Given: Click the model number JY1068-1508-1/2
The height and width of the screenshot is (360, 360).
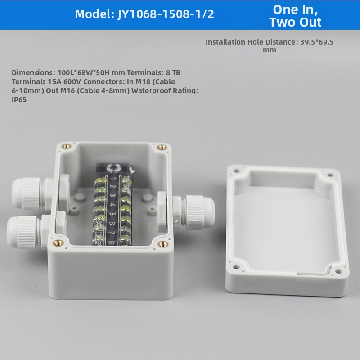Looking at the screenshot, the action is click(x=165, y=14).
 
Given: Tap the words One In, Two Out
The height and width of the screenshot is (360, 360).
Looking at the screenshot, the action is click(x=295, y=16).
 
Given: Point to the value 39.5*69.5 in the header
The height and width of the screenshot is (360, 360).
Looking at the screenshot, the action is click(x=317, y=42).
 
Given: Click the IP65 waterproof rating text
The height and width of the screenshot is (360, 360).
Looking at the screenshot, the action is click(x=19, y=99).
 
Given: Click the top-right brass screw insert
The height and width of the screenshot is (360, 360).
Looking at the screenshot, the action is click(x=162, y=147).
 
